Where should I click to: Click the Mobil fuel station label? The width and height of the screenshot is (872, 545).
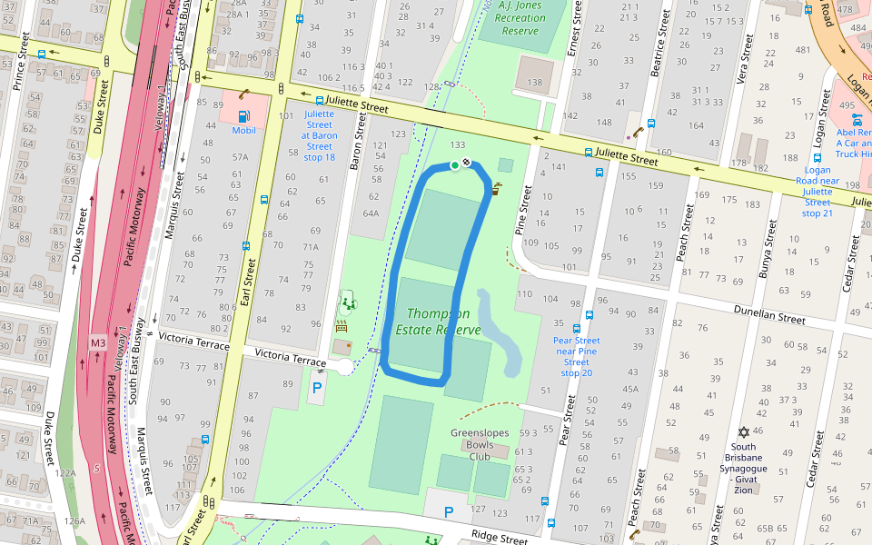243,131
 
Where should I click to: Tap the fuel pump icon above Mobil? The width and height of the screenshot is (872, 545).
243,115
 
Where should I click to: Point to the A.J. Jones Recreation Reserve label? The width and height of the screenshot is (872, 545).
521,18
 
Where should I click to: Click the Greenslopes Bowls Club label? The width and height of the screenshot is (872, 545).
480,445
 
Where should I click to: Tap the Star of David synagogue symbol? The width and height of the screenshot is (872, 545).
744,431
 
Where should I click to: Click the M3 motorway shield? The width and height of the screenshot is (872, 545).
98,342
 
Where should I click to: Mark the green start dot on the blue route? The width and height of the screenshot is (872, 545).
454,165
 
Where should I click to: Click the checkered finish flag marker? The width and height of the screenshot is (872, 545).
466,163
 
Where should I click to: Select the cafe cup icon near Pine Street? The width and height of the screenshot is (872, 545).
497,190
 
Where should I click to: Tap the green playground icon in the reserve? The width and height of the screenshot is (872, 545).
345,301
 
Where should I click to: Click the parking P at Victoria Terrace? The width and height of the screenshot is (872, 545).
317,387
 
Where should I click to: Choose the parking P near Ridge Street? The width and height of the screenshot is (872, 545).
448,512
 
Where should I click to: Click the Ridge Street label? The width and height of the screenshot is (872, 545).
499,537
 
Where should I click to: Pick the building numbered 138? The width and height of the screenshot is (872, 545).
534,82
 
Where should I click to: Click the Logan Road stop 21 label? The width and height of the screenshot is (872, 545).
817,192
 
